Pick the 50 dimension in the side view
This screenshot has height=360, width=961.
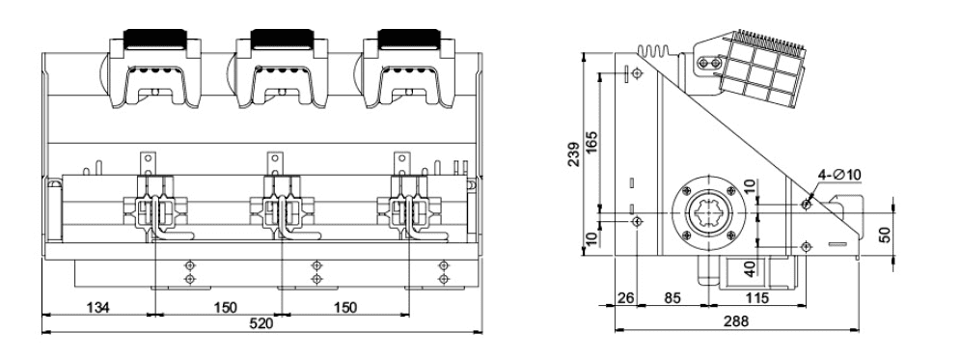(886, 235)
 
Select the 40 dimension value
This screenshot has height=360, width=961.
(750, 266)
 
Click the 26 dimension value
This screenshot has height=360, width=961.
(626, 300)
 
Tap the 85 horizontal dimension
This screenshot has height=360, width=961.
(673, 300)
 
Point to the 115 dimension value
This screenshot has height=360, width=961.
(756, 300)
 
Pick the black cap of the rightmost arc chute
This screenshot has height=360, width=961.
(405, 41)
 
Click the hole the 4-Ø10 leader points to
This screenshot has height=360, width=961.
(807, 205)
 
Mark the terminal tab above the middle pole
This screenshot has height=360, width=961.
(274, 156)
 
